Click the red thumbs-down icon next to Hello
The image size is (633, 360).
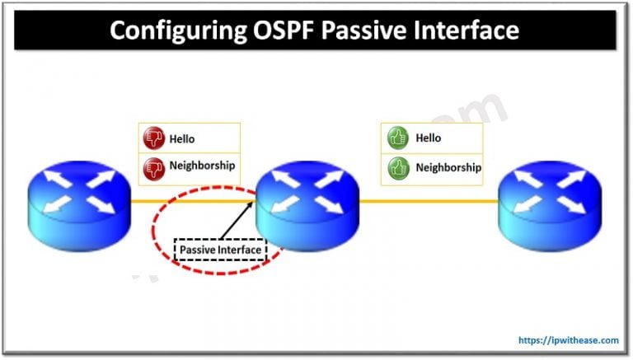coord(153,138)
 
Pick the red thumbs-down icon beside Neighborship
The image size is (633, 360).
coord(153,166)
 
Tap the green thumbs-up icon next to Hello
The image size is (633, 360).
coord(397,138)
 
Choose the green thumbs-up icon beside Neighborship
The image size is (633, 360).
coord(397,167)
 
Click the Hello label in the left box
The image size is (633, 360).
coord(182,138)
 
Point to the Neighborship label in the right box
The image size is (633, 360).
coord(448,167)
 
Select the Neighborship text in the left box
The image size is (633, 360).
coord(202,166)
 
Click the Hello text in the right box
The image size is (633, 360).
coord(428,138)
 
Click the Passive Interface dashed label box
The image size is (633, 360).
coord(220,249)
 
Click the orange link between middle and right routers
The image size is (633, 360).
coord(429,200)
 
